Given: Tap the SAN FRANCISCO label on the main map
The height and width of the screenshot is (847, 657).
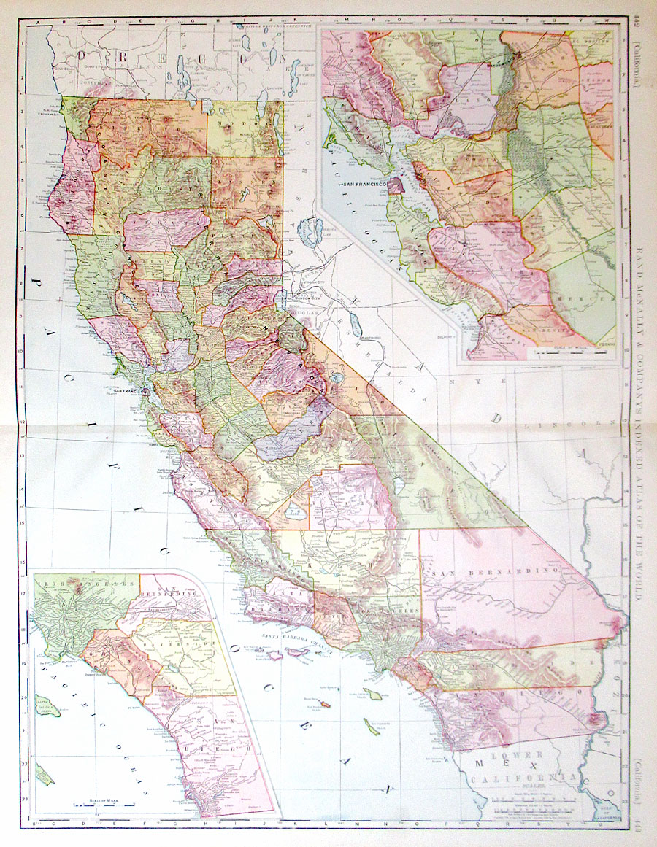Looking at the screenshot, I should (129, 390).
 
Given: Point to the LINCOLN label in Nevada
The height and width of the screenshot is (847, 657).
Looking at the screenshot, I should (584, 423).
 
